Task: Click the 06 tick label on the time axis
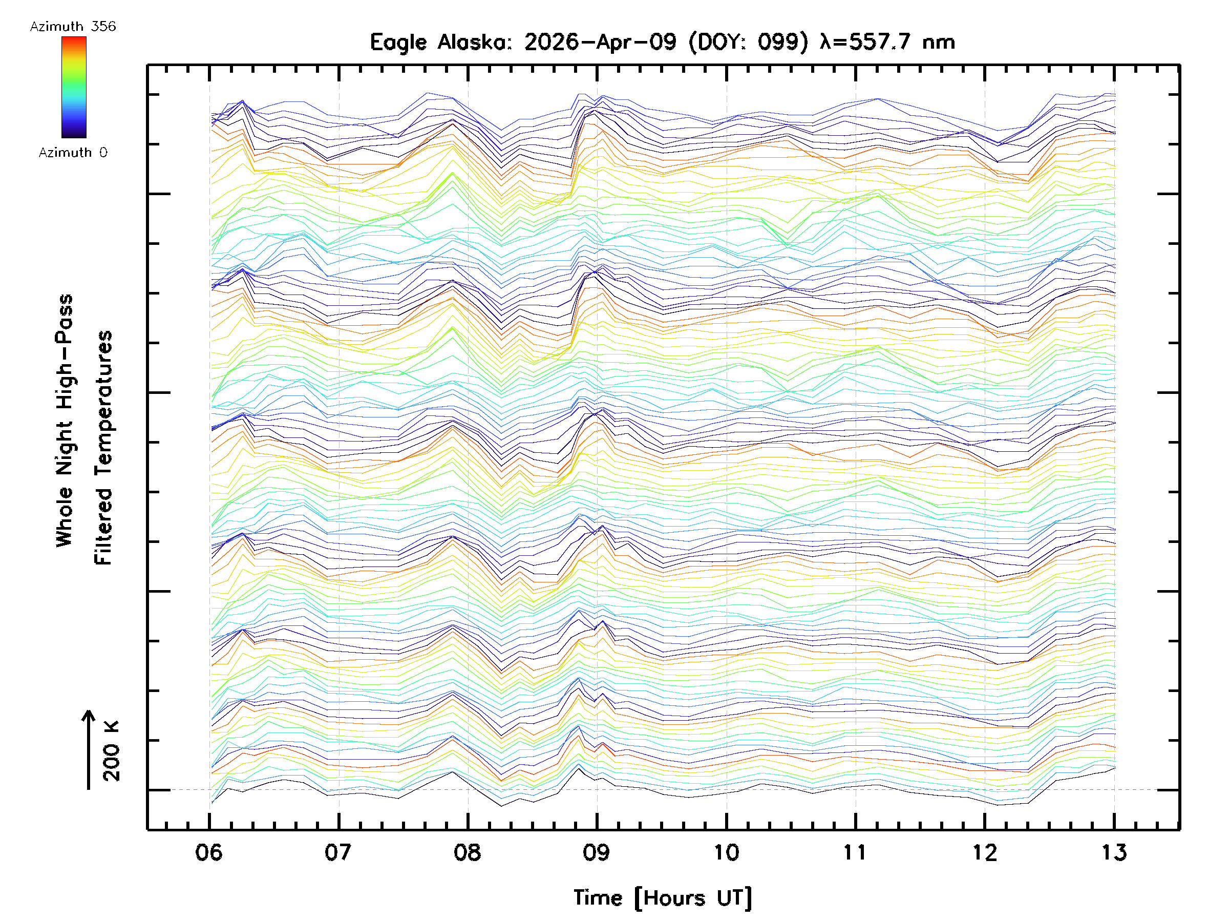[x=209, y=852]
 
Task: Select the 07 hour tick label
[x=338, y=852]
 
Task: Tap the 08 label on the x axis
[x=467, y=852]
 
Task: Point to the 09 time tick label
[x=597, y=852]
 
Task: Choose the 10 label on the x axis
[x=726, y=852]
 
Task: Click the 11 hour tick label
[x=855, y=852]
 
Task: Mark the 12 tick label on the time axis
[x=985, y=852]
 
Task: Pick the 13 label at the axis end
[x=1114, y=852]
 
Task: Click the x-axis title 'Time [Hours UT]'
[x=662, y=898]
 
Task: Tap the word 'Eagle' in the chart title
[x=398, y=42]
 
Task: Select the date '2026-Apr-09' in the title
[x=600, y=42]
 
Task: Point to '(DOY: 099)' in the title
[x=748, y=42]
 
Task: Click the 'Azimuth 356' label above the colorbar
[x=73, y=27]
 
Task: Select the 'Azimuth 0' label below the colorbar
[x=73, y=153]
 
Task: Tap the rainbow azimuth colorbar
[x=74, y=87]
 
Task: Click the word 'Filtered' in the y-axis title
[x=103, y=527]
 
